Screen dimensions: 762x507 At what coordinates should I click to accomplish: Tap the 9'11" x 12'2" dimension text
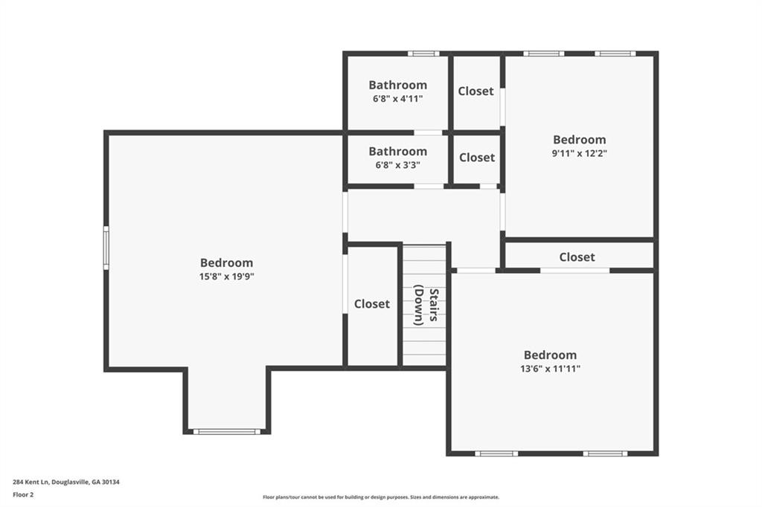(x=579, y=153)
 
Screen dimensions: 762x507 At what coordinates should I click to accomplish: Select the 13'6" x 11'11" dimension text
(x=550, y=369)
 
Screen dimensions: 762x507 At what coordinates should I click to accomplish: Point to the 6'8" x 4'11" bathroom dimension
(x=397, y=99)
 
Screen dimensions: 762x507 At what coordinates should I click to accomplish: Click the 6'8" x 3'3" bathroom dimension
(x=397, y=164)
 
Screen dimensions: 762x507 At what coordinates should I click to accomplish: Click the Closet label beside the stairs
(x=372, y=304)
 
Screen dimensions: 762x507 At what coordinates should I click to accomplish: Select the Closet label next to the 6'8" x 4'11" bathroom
(x=476, y=91)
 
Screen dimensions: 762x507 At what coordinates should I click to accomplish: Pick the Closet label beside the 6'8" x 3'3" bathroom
(x=477, y=158)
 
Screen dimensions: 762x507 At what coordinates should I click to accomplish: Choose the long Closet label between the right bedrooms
(x=577, y=257)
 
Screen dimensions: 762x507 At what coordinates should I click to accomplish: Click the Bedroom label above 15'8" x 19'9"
(x=226, y=262)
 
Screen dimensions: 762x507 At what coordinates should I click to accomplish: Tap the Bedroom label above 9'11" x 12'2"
(x=579, y=140)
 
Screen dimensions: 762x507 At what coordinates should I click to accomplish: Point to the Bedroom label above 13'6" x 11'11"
(x=550, y=355)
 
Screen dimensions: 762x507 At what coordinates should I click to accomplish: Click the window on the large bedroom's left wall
(x=106, y=248)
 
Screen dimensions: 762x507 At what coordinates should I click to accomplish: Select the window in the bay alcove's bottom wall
(x=226, y=431)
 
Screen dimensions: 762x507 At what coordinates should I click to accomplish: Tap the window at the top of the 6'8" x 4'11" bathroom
(x=423, y=54)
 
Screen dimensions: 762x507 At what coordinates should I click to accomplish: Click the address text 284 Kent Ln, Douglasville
(x=66, y=482)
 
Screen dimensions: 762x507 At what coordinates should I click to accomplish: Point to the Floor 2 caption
(x=23, y=495)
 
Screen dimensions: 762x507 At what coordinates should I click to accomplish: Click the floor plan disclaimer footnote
(x=381, y=497)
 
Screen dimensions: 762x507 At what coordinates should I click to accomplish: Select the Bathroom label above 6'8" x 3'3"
(x=397, y=152)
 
